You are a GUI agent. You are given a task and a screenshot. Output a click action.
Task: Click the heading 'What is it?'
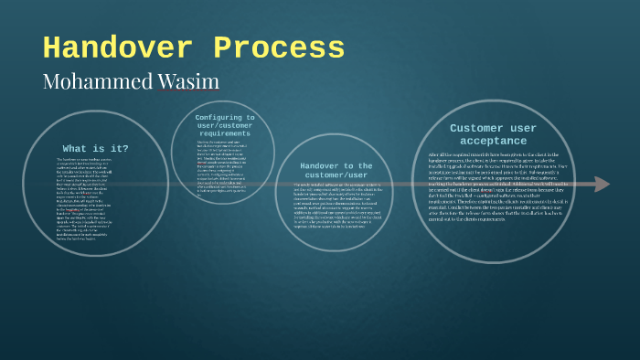[x=95, y=148]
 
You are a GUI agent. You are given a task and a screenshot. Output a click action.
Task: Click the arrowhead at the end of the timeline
[x=601, y=185]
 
